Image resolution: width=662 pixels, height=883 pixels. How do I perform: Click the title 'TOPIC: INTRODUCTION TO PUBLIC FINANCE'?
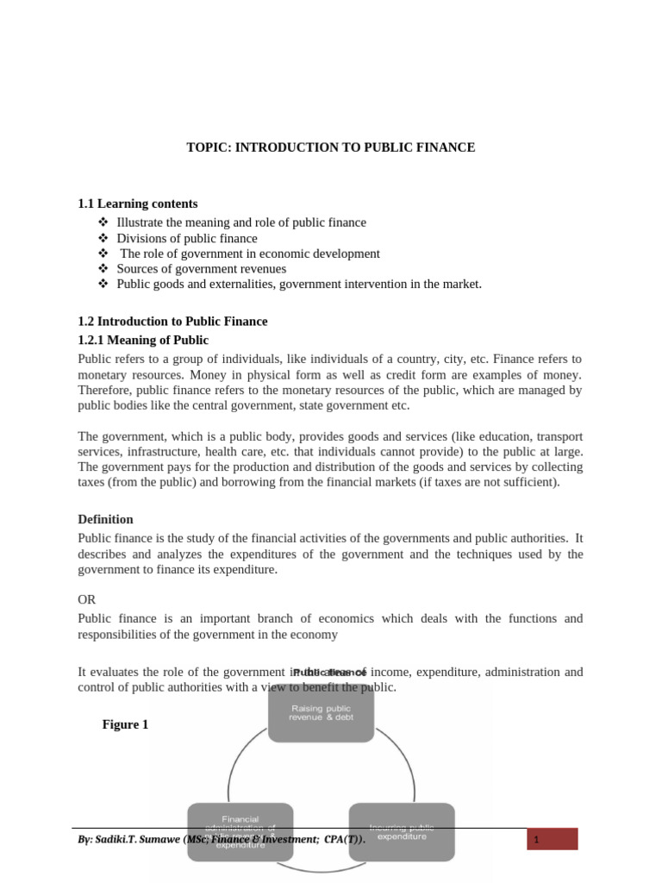click(330, 147)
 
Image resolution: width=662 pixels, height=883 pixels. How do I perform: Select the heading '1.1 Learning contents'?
click(137, 204)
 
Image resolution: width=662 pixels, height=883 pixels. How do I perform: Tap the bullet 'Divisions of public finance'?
click(186, 238)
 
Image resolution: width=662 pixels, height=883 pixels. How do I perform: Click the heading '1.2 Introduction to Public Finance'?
click(172, 321)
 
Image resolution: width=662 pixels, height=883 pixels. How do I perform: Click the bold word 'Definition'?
click(105, 519)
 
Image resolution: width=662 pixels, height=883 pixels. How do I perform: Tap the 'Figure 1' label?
click(125, 724)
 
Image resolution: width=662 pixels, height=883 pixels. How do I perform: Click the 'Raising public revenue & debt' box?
click(321, 713)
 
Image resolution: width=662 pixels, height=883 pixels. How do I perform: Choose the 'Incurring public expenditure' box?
click(402, 832)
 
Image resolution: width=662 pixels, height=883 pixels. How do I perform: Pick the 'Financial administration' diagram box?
click(240, 832)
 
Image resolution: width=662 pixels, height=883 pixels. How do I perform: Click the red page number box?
click(552, 839)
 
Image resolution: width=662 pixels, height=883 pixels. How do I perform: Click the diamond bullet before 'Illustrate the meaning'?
click(104, 222)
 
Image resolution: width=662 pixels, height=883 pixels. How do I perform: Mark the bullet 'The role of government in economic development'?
click(249, 254)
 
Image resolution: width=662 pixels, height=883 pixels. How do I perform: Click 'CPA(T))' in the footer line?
click(342, 839)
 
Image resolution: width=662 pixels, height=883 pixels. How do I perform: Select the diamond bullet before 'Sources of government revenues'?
click(104, 269)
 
